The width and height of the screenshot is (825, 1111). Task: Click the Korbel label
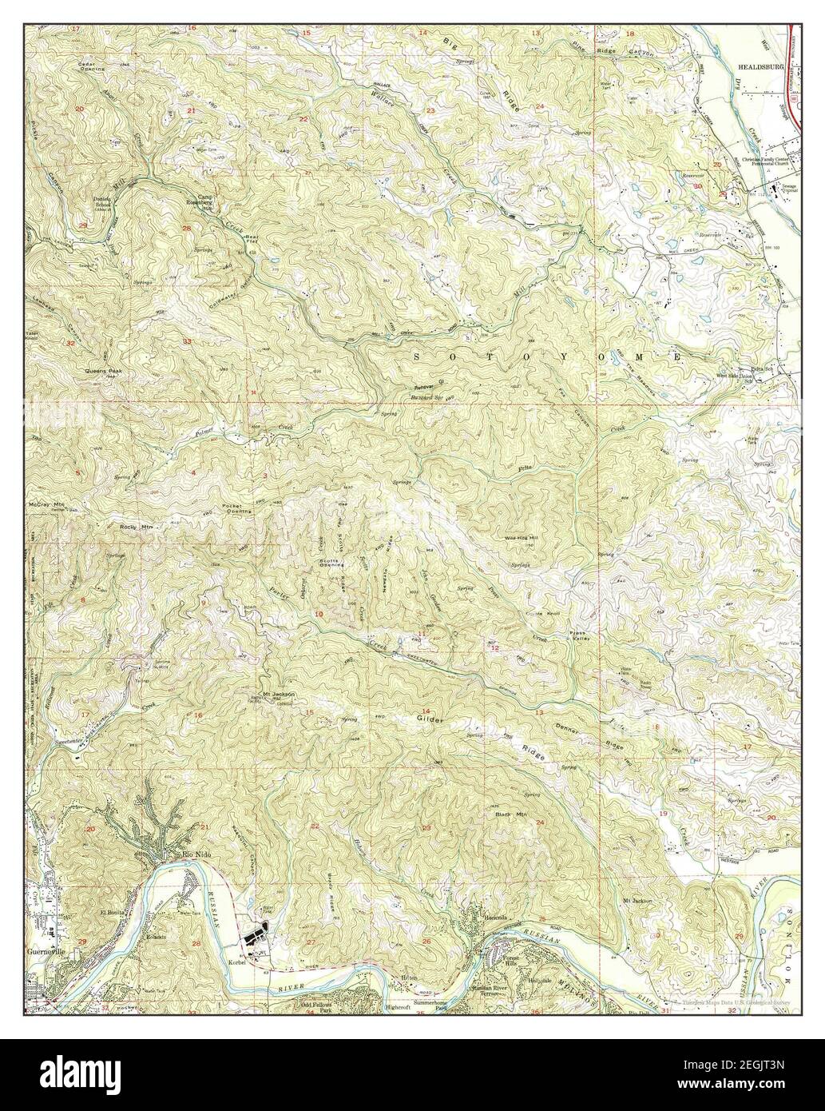click(239, 962)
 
